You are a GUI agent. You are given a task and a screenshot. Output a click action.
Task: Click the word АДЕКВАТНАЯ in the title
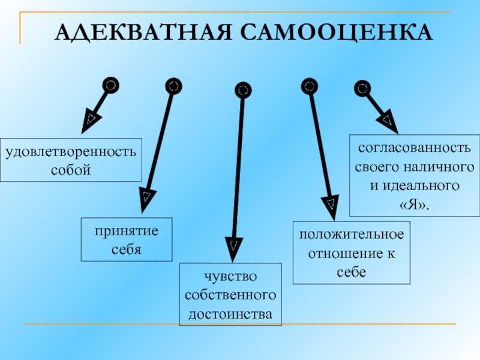click(x=143, y=32)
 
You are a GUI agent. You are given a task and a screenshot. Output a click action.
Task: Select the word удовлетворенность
click(x=71, y=152)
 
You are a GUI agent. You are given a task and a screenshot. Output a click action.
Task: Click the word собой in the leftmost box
click(x=71, y=170)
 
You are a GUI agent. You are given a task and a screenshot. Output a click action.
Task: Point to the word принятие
click(x=127, y=231)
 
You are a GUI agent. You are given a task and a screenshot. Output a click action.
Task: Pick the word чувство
click(x=230, y=276)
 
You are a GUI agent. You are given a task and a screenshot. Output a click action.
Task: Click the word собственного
click(x=230, y=295)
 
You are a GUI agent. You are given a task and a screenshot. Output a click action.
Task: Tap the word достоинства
click(x=230, y=314)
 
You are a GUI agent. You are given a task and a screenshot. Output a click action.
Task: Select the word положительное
click(x=352, y=235)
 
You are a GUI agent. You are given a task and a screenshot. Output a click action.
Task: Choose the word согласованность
click(x=414, y=148)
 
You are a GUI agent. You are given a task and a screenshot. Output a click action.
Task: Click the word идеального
click(x=421, y=186)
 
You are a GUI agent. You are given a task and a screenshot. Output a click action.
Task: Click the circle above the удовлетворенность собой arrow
click(x=110, y=85)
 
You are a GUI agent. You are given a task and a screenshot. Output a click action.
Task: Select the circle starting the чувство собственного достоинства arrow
click(x=243, y=90)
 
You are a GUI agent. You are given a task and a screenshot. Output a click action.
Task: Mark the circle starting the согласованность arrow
click(x=362, y=88)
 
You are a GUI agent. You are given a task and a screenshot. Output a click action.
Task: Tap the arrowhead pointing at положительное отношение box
click(x=331, y=207)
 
